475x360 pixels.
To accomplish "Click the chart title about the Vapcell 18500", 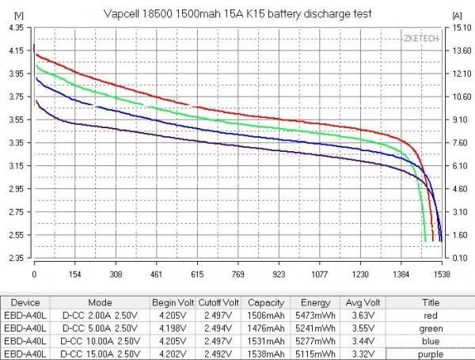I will click(x=237, y=13).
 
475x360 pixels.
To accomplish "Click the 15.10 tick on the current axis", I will click(x=462, y=28).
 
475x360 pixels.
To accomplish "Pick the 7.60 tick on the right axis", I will click(x=460, y=143).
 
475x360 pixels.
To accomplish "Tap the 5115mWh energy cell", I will click(x=312, y=353).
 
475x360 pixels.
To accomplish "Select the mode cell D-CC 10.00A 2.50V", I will click(x=99, y=340).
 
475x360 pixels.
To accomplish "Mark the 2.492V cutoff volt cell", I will click(x=220, y=353).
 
